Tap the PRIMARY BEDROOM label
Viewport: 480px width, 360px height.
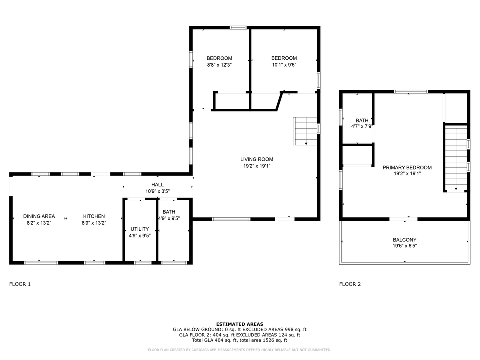[x=407, y=168]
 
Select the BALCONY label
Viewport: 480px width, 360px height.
[x=404, y=240]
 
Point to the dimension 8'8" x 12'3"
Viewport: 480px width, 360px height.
[x=219, y=65]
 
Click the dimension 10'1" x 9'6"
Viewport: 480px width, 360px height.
[x=284, y=65]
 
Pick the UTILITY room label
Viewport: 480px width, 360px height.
[x=140, y=229]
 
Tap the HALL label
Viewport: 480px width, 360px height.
[x=157, y=185]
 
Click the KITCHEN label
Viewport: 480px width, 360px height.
[x=94, y=216]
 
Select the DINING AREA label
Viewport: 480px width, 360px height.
[x=39, y=216]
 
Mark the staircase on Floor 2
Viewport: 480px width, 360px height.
[x=455, y=158]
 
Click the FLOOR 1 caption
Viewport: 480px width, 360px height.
[x=20, y=284]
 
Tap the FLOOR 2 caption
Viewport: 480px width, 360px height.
[x=350, y=284]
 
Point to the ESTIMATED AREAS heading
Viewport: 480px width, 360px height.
[x=240, y=324]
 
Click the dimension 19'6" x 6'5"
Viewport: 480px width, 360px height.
[x=404, y=246]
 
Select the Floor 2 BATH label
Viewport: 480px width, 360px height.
[x=362, y=120]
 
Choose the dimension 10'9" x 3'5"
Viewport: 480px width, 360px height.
[x=157, y=191]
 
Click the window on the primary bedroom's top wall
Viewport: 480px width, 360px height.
[x=410, y=92]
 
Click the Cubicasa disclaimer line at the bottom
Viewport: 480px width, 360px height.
[x=240, y=350]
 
